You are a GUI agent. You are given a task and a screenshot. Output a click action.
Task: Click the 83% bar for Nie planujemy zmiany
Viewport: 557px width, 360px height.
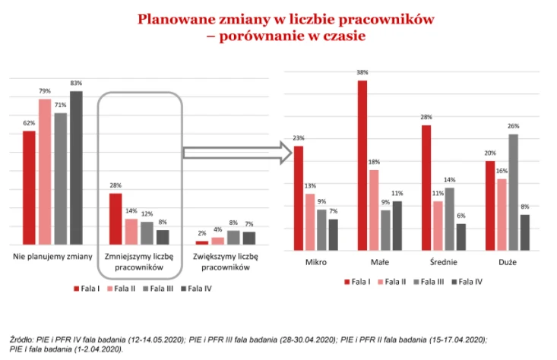click(76, 167)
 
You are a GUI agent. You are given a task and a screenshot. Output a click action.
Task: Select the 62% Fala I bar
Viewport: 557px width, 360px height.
click(29, 188)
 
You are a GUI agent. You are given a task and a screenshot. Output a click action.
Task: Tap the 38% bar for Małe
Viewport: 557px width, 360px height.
click(362, 166)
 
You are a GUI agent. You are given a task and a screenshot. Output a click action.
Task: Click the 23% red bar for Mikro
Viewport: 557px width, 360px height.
click(299, 198)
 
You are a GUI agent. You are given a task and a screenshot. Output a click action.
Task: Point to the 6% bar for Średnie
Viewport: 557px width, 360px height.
click(460, 237)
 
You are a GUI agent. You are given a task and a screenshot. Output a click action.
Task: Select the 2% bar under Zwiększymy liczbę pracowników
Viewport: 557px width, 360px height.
click(201, 242)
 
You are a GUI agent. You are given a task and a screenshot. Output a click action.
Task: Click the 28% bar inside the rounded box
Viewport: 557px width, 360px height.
click(116, 219)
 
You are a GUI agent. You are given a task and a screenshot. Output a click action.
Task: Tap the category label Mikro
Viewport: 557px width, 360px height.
click(316, 262)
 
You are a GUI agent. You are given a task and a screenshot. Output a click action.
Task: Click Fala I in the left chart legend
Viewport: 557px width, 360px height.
click(90, 289)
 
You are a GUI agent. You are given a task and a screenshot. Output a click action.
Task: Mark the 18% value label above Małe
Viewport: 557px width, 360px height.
click(374, 163)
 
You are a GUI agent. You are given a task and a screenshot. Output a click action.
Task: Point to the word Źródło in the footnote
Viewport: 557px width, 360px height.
click(24, 339)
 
